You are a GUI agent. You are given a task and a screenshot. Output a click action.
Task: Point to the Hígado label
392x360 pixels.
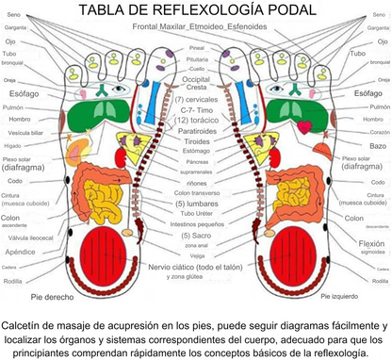click(12, 146)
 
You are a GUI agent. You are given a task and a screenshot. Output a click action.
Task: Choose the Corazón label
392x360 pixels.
click(378, 133)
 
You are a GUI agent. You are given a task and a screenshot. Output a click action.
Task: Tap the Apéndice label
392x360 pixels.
click(20, 253)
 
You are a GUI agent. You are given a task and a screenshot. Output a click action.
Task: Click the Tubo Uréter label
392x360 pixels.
click(195, 214)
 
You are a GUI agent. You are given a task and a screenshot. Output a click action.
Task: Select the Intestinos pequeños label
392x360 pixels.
click(195, 223)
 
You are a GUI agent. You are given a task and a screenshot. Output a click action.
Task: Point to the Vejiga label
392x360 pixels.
click(195, 255)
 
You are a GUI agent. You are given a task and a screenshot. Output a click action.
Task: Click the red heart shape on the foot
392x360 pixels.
click(303, 126)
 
